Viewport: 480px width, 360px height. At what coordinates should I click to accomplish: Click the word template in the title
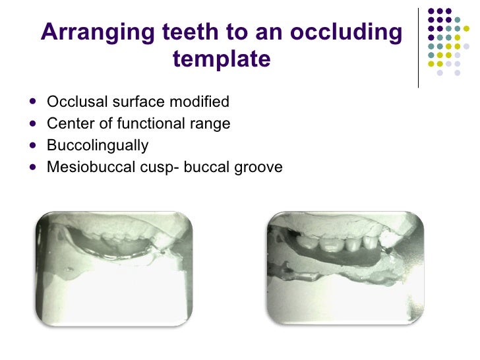tap(222, 59)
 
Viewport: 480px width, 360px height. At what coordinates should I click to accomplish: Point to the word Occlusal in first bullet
tap(75, 102)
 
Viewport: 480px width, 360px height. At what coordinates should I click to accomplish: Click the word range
tap(208, 124)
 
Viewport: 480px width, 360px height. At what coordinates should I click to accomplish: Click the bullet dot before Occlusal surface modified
tap(34, 103)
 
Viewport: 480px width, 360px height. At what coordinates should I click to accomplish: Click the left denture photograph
tap(114, 269)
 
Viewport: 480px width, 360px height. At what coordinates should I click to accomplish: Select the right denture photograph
tap(345, 269)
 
